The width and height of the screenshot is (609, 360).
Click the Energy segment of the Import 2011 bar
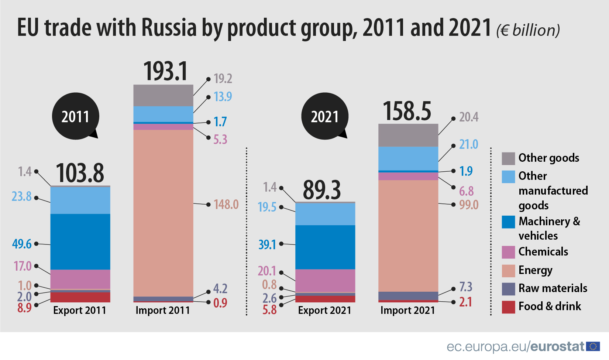click(163, 213)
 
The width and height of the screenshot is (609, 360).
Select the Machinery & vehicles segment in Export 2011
click(80, 241)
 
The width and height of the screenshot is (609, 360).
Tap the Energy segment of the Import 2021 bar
click(408, 236)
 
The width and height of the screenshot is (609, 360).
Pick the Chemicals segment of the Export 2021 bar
click(325, 281)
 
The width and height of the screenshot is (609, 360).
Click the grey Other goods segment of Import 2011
click(163, 95)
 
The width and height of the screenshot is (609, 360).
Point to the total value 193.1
click(165, 71)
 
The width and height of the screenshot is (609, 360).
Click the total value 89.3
click(322, 190)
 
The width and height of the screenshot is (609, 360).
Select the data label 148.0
click(226, 204)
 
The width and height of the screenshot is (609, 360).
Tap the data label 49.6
click(21, 244)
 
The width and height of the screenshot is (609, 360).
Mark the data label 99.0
click(469, 204)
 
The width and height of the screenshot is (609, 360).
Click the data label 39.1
click(267, 244)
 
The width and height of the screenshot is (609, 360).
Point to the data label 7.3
click(465, 287)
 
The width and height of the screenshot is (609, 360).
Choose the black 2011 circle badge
click(76, 116)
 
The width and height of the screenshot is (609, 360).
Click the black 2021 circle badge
click(325, 116)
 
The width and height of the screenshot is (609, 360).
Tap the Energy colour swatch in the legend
click(508, 271)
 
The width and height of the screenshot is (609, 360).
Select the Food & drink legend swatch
click(508, 307)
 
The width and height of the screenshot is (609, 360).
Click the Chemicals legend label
click(543, 251)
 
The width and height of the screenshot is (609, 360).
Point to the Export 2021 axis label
click(324, 310)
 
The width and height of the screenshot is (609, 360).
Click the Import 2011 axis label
click(162, 310)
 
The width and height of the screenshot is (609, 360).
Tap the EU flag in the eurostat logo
click(593, 346)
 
